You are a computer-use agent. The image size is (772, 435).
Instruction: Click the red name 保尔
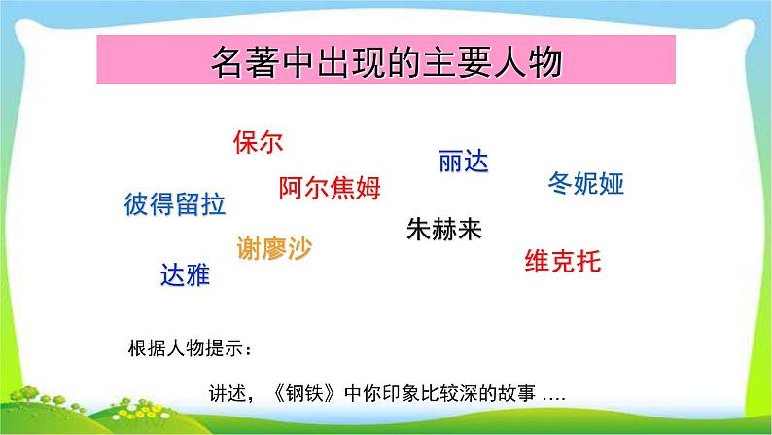(258, 143)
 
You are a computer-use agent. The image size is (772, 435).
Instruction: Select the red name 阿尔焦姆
(330, 188)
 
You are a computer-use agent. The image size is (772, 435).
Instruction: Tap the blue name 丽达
(462, 163)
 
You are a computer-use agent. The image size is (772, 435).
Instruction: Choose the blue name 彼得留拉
(175, 204)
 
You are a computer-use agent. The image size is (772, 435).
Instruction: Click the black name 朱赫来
(443, 230)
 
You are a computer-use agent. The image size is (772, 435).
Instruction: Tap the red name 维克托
(563, 260)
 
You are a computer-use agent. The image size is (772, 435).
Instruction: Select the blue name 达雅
(185, 276)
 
